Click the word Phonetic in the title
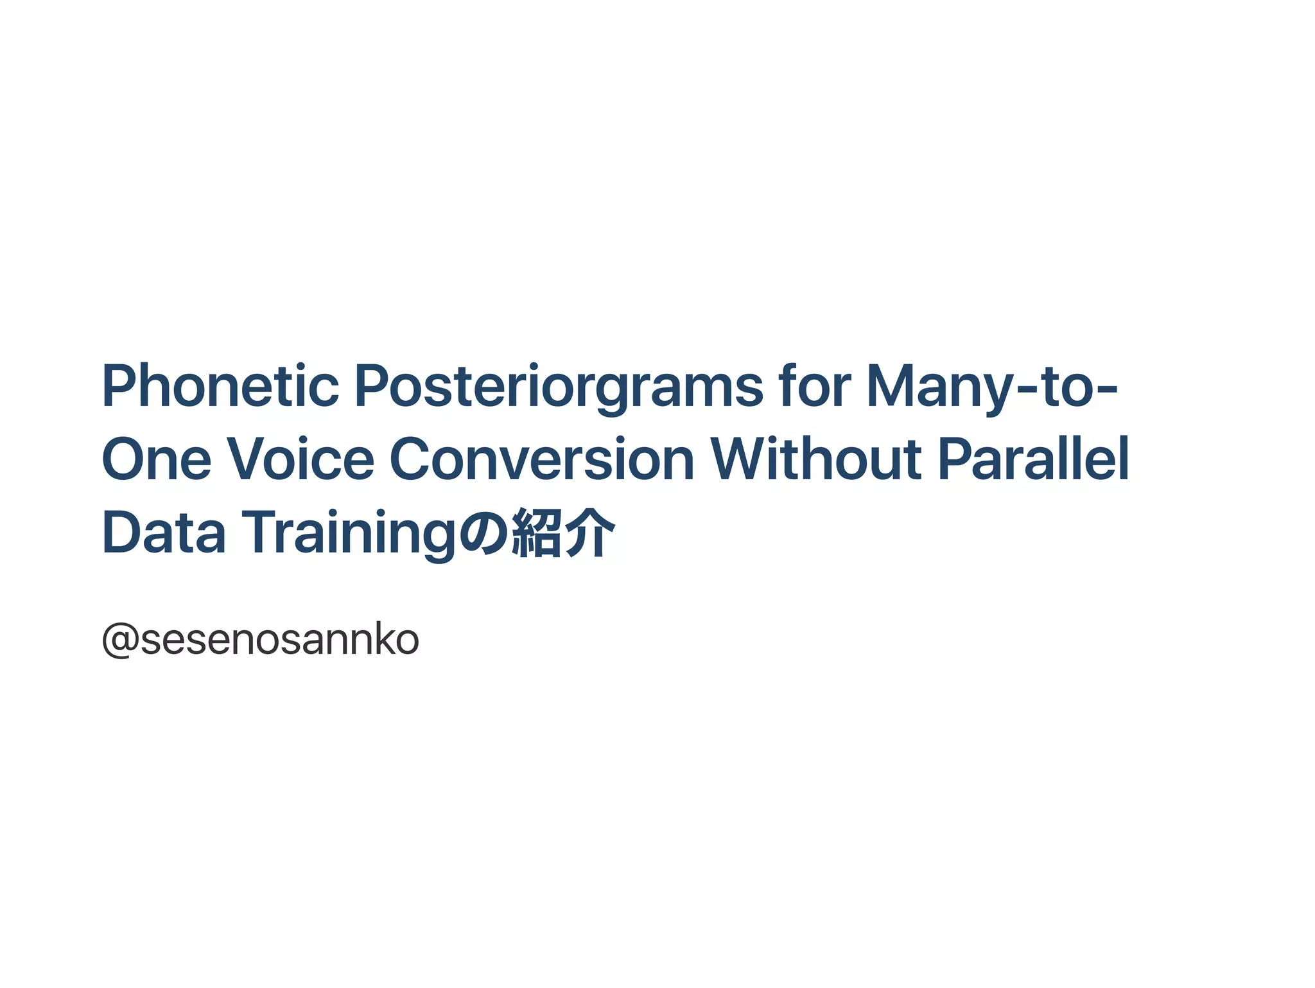220,387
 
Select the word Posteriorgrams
559,387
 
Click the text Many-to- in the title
992,387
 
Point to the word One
157,459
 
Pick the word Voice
300,459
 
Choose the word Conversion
542,459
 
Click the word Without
815,459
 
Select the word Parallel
1033,459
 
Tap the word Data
164,533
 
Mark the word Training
349,533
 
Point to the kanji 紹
536,533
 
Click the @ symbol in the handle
121,640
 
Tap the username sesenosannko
280,640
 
